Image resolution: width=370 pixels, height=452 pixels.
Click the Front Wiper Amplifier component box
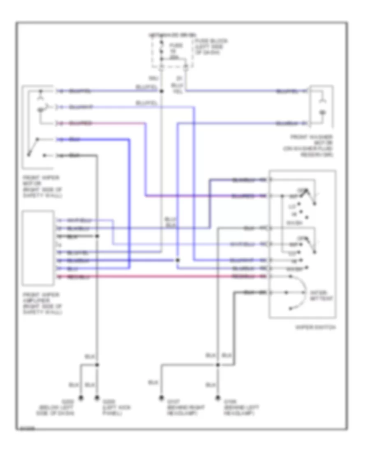click(38, 248)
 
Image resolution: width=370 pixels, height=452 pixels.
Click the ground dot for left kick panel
click(97, 398)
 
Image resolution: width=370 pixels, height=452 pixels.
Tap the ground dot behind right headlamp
click(161, 398)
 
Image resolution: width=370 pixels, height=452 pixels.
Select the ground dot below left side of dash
click(81, 398)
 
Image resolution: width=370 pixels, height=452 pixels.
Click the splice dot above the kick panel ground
click(97, 364)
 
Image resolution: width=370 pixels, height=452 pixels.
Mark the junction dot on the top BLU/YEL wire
click(162, 91)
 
